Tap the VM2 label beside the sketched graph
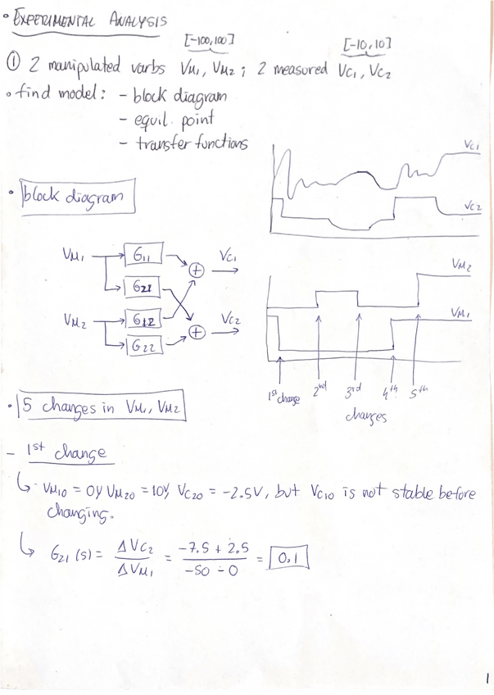[462, 263]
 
